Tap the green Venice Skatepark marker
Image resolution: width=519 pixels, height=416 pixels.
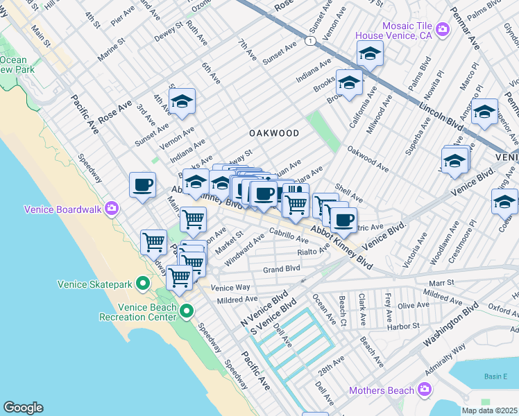[x=143, y=284]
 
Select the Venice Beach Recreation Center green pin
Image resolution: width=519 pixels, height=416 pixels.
[x=187, y=311]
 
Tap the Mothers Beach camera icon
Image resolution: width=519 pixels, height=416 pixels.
[x=425, y=390]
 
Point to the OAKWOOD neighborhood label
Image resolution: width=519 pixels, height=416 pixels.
[x=274, y=132]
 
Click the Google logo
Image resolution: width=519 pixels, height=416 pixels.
[x=23, y=408]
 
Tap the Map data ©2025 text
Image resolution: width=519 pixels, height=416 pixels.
[x=489, y=410]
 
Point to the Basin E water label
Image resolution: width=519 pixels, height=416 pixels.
[x=495, y=376]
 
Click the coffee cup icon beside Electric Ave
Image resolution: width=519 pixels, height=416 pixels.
[x=343, y=220]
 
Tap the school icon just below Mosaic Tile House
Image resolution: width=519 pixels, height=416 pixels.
[x=371, y=53]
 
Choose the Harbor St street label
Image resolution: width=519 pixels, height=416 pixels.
[x=403, y=326]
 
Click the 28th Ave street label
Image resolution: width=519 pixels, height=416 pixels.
[x=332, y=363]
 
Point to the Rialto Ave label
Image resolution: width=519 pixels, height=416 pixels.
[x=312, y=252]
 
